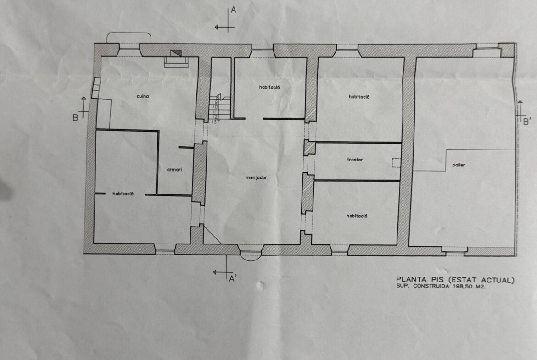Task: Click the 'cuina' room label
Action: click(x=143, y=96)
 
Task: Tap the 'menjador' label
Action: click(x=256, y=177)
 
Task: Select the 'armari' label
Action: click(x=174, y=169)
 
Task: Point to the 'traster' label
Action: click(x=355, y=160)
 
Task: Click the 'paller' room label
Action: click(x=459, y=165)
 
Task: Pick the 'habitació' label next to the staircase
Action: click(x=269, y=87)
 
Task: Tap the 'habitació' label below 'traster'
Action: click(x=357, y=216)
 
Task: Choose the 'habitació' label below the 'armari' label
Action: click(x=123, y=194)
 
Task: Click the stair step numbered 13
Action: click(x=214, y=122)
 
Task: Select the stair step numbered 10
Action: click(x=215, y=107)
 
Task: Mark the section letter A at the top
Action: click(x=234, y=10)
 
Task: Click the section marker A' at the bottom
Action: click(x=233, y=278)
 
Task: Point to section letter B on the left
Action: click(x=75, y=118)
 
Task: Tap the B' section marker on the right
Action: click(x=527, y=121)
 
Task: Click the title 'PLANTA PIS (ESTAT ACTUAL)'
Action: click(x=455, y=280)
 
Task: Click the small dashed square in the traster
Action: click(x=396, y=163)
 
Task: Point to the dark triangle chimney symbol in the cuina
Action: click(x=177, y=53)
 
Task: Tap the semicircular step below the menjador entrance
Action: click(x=251, y=257)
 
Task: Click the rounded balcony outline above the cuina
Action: click(x=129, y=33)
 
